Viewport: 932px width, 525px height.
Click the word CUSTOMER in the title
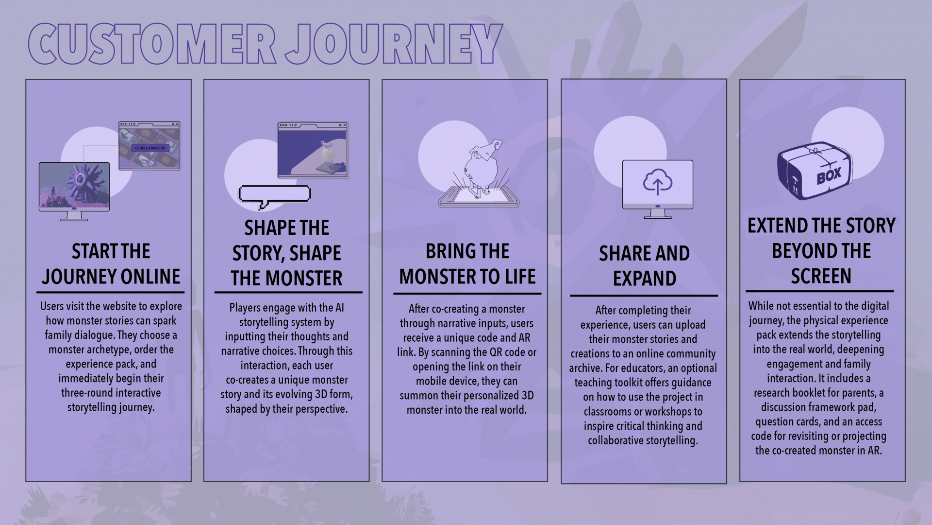click(x=152, y=44)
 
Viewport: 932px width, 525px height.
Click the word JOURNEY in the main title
click(x=393, y=44)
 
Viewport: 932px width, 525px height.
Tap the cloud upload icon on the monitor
click(x=658, y=182)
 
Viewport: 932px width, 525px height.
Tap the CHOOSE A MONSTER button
click(x=150, y=148)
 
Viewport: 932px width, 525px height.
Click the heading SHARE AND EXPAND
click(x=644, y=266)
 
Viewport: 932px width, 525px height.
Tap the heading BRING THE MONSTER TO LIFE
click(x=467, y=264)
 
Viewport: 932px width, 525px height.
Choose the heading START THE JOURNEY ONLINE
click(x=111, y=264)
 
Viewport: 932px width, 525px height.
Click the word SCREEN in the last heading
click(x=821, y=276)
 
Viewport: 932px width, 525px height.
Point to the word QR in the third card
click(x=496, y=352)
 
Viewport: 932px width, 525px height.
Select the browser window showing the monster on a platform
click(x=313, y=150)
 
